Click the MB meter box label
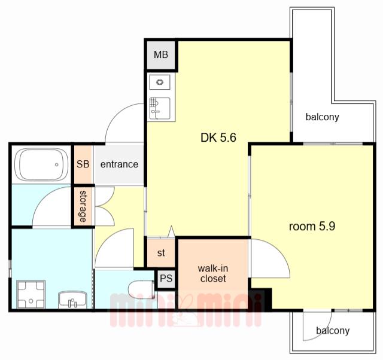pos(161,54)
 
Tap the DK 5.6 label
pos(218,138)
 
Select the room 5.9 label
pos(312,227)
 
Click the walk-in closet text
pos(213,274)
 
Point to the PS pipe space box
pos(166,279)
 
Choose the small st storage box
pos(161,253)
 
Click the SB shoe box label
pos(83,164)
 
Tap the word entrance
pos(119,164)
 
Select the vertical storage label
pos(83,206)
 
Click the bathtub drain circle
pos(57,164)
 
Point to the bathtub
pos(41,164)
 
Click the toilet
pos(141,289)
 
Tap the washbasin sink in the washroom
pos(72,300)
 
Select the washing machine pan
pos(31,294)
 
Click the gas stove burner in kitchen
pos(160,83)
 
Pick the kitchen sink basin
pos(160,108)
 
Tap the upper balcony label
pos(322,117)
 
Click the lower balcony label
pos(333,331)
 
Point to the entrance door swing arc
pos(117,113)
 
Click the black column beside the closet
pos(260,300)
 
